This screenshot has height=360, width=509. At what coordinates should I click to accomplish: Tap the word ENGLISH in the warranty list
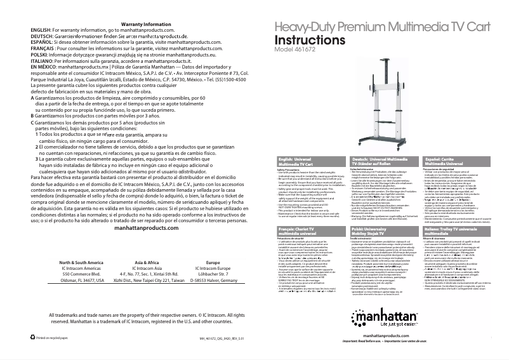click(x=41, y=30)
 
